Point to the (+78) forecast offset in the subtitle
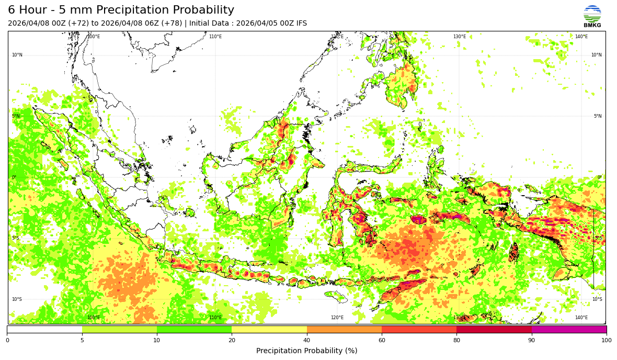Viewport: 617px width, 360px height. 169,24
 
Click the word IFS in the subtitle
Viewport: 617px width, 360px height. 301,24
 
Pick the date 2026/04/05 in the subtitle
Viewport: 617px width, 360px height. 258,24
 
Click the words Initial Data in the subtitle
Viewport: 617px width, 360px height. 210,24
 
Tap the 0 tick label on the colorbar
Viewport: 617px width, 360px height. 7,341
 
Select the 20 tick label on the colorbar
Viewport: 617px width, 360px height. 232,341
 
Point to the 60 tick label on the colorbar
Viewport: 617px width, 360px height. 382,341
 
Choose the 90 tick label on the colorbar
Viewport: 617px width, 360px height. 532,341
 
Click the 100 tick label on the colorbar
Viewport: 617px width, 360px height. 606,341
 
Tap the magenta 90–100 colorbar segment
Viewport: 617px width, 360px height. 569,330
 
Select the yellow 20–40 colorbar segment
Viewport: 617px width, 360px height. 269,330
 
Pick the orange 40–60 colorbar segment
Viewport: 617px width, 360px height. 344,330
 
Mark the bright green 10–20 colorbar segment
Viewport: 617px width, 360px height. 194,330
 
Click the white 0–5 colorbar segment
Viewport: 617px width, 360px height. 44,330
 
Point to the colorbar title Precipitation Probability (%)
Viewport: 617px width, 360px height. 306,351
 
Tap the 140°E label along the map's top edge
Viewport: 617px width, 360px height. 581,37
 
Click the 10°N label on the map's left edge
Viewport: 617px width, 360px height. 17,55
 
